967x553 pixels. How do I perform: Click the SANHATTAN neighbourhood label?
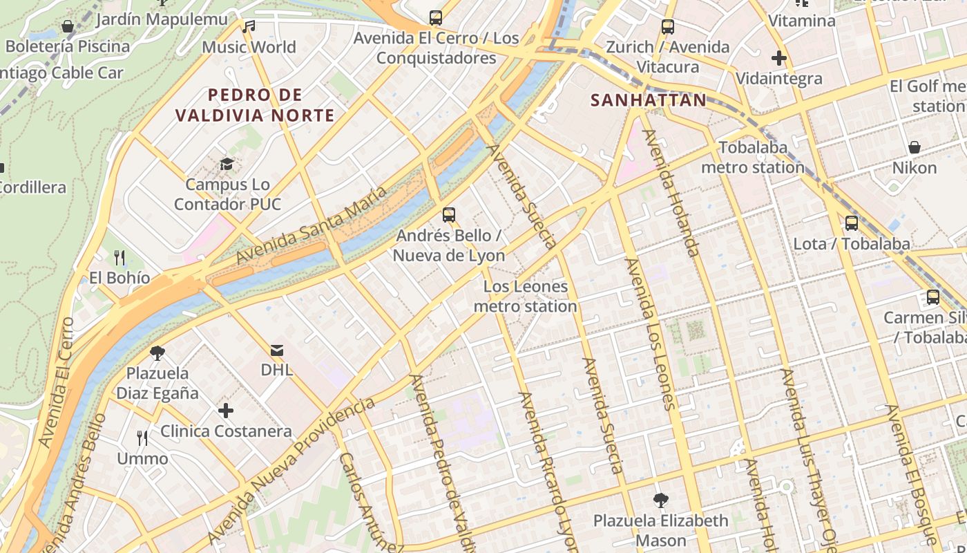pyautogui.click(x=649, y=100)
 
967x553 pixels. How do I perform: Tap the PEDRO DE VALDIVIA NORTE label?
pyautogui.click(x=255, y=105)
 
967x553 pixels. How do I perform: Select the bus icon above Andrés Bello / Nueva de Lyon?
pyautogui.click(x=449, y=215)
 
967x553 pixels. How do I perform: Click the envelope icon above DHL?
pyautogui.click(x=277, y=350)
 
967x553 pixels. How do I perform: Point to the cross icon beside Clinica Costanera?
pyautogui.click(x=226, y=411)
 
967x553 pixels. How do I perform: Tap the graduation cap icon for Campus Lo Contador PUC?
pyautogui.click(x=227, y=164)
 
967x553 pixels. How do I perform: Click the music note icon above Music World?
pyautogui.click(x=249, y=27)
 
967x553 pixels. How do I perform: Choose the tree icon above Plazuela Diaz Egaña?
pyautogui.click(x=157, y=353)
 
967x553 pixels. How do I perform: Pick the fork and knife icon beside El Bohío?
pyautogui.click(x=119, y=258)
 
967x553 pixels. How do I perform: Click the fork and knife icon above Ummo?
pyautogui.click(x=142, y=438)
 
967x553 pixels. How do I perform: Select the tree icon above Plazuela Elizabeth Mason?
pyautogui.click(x=661, y=500)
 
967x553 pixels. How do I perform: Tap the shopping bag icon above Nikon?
pyautogui.click(x=915, y=147)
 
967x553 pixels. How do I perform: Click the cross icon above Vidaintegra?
pyautogui.click(x=779, y=58)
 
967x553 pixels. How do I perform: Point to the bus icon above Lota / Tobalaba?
pyautogui.click(x=852, y=223)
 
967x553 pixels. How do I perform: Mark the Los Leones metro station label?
pyautogui.click(x=526, y=296)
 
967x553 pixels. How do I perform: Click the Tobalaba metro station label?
pyautogui.click(x=753, y=158)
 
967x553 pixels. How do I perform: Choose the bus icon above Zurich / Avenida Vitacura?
pyautogui.click(x=667, y=27)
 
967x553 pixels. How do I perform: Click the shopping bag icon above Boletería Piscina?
pyautogui.click(x=68, y=26)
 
